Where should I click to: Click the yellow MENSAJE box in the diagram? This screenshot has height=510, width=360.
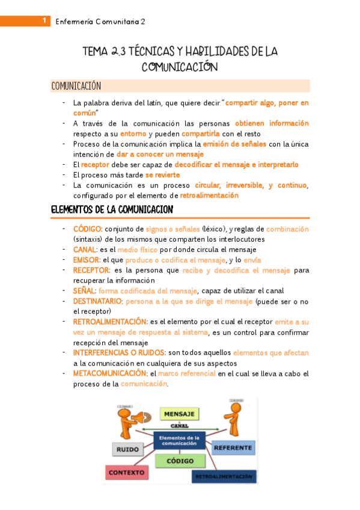pyautogui.click(x=178, y=414)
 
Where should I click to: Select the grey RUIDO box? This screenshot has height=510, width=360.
pyautogui.click(x=127, y=449)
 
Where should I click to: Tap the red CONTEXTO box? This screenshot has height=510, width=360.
pyautogui.click(x=127, y=472)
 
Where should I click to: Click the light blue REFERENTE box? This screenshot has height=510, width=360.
pyautogui.click(x=233, y=447)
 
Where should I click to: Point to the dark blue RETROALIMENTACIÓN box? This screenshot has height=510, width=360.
pyautogui.click(x=223, y=476)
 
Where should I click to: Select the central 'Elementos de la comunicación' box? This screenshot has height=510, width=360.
pyautogui.click(x=179, y=440)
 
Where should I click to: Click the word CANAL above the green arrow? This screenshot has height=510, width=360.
pyautogui.click(x=178, y=426)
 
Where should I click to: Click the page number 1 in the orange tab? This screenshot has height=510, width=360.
pyautogui.click(x=44, y=21)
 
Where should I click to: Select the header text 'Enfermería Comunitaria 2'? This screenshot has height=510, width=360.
pyautogui.click(x=100, y=22)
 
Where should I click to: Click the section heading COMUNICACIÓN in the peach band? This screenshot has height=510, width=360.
pyautogui.click(x=76, y=86)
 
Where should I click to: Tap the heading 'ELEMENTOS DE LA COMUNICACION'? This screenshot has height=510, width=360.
pyautogui.click(x=112, y=209)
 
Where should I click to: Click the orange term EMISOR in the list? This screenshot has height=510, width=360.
pyautogui.click(x=86, y=260)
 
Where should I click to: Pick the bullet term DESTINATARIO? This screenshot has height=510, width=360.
pyautogui.click(x=98, y=301)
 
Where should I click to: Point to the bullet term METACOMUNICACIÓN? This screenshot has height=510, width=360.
pyautogui.click(x=110, y=373)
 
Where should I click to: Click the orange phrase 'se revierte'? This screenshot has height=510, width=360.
pyautogui.click(x=162, y=174)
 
